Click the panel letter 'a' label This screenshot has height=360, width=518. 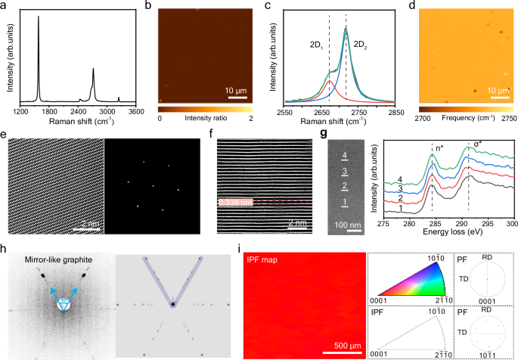[x=7, y=8]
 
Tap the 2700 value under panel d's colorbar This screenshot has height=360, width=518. [x=422, y=119]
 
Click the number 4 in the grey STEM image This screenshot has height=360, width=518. [x=345, y=156]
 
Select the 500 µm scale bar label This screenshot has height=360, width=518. [x=343, y=346]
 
